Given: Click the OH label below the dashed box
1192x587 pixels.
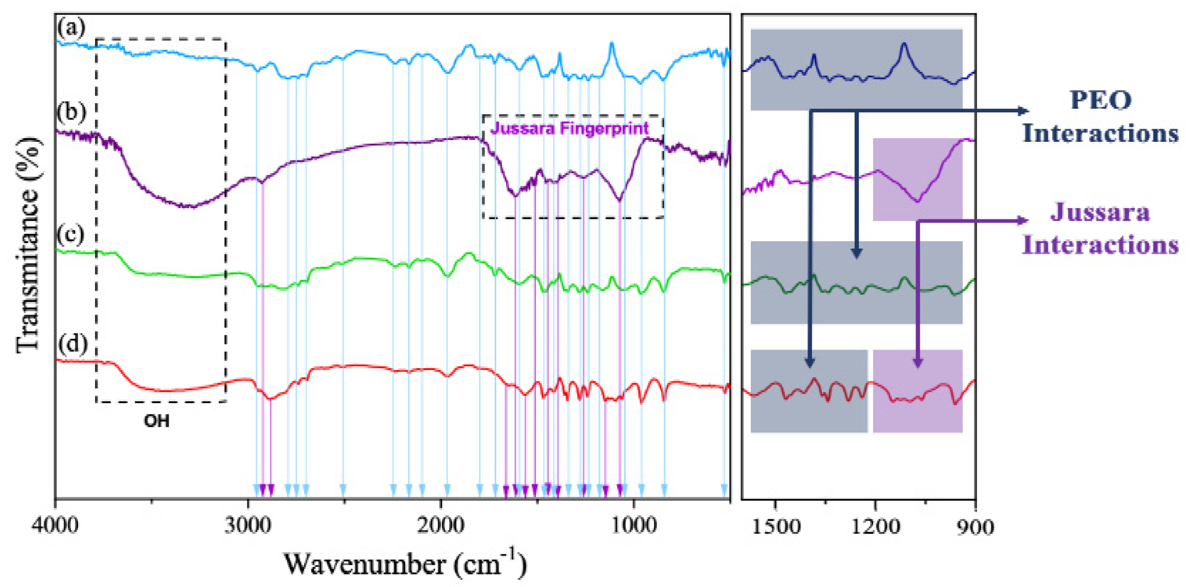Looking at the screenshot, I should coord(156,421).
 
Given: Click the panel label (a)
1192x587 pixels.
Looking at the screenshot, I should coord(71,28).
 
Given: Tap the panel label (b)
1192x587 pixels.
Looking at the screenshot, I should coord(71,112).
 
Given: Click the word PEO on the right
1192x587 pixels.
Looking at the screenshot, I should coord(1100,100).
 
